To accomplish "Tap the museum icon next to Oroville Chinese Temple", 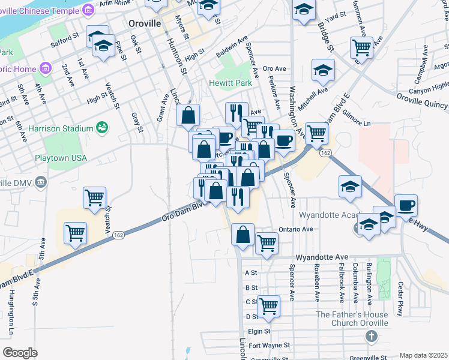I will click(x=88, y=10).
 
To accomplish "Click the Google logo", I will click(x=20, y=352).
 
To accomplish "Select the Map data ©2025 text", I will click(x=423, y=355).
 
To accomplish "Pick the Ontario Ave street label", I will click(x=296, y=229).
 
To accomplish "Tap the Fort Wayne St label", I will click(x=270, y=346).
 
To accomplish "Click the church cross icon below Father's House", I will click(x=372, y=336).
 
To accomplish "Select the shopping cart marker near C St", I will click(x=268, y=305).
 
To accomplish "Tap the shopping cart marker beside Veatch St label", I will click(x=95, y=197).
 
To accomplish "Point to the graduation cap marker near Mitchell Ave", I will click(x=323, y=71).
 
